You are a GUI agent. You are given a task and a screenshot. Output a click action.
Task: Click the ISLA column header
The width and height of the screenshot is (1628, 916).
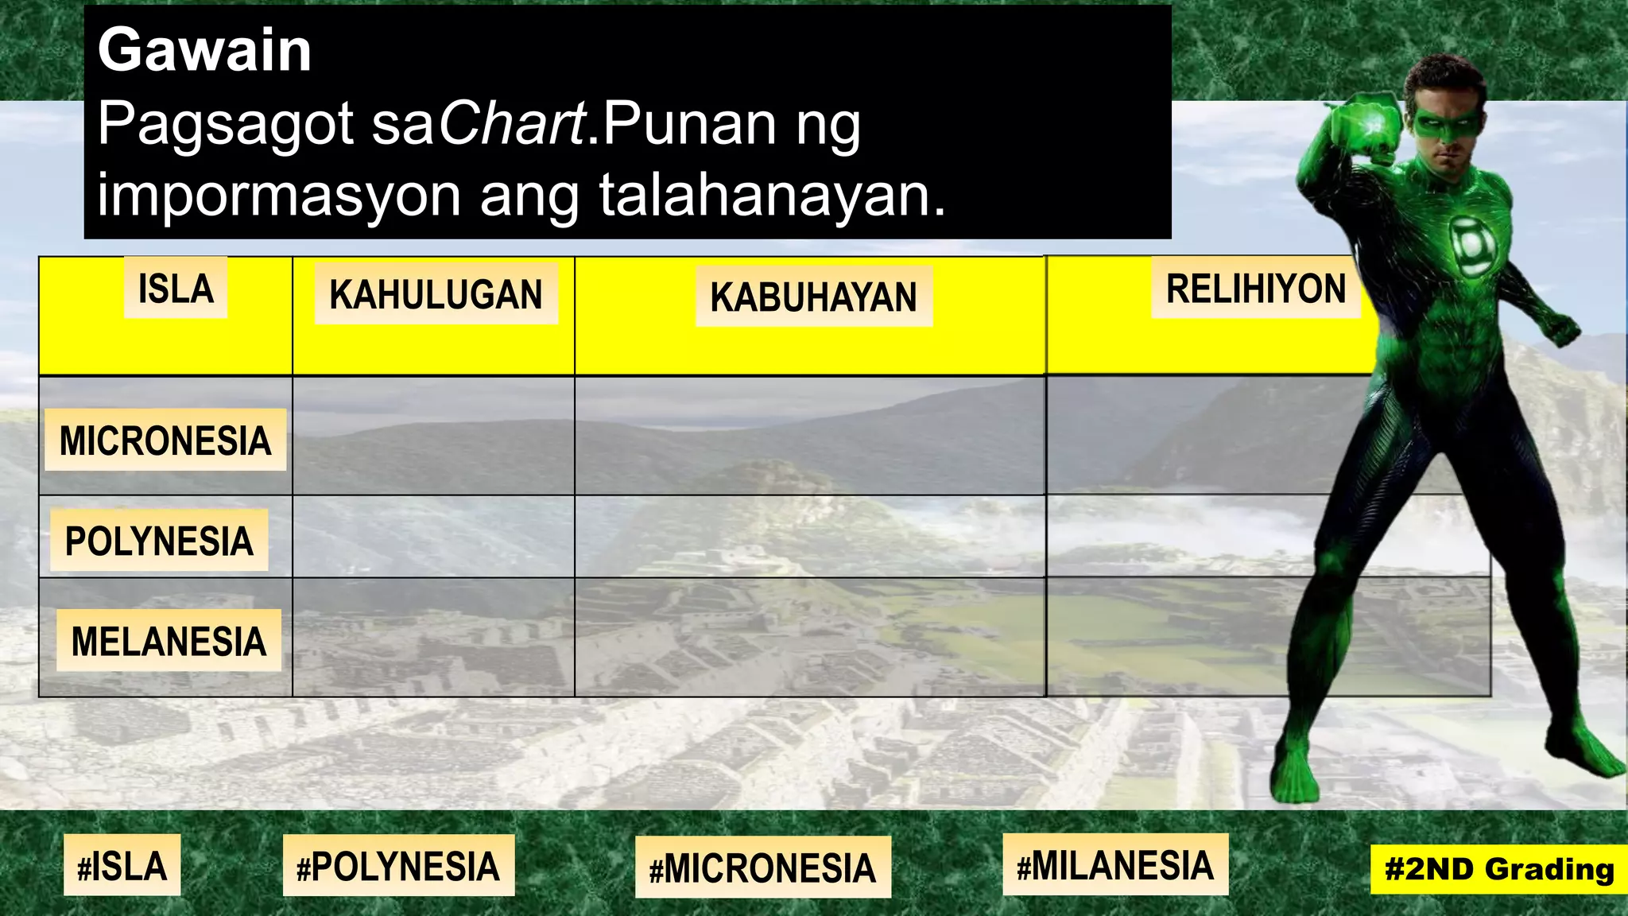tap(176, 288)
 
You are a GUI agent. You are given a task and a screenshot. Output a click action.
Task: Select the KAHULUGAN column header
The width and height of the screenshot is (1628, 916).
tap(436, 294)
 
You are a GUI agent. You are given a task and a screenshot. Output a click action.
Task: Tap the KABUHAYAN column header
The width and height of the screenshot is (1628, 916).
tap(813, 297)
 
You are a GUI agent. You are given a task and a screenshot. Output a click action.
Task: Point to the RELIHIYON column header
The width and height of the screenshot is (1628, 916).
tap(1255, 289)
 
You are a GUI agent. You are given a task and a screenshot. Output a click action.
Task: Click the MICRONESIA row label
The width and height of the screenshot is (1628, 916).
tap(165, 441)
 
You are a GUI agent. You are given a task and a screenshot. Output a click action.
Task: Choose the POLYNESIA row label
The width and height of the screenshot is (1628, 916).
tap(159, 541)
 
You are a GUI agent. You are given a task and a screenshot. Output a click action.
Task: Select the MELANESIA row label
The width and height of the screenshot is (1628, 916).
tap(169, 641)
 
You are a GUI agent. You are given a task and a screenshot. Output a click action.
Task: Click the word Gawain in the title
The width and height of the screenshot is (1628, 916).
tap(204, 50)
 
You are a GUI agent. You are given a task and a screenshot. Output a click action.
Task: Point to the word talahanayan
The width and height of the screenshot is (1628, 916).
tap(771, 195)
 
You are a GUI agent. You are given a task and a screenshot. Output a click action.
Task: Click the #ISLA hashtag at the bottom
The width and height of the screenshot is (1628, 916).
tap(122, 866)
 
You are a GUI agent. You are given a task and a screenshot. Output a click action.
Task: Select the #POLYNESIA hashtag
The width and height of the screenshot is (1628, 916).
tap(398, 867)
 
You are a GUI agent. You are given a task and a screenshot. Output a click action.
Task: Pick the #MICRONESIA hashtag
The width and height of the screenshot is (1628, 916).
tap(762, 867)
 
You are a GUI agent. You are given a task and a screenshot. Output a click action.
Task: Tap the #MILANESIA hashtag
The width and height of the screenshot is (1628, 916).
tap(1115, 865)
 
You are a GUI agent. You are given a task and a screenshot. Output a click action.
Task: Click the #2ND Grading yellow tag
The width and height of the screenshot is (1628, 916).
tap(1498, 869)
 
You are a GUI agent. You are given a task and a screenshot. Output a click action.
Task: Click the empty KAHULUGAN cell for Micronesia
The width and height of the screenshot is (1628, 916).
tap(433, 436)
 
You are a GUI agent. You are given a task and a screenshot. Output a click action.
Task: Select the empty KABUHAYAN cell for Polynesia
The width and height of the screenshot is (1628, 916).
tap(809, 537)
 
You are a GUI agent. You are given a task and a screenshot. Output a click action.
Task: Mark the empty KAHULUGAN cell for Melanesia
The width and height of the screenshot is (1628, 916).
tap(433, 638)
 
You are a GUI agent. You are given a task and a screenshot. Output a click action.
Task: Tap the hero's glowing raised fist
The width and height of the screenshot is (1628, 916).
tap(1370, 128)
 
